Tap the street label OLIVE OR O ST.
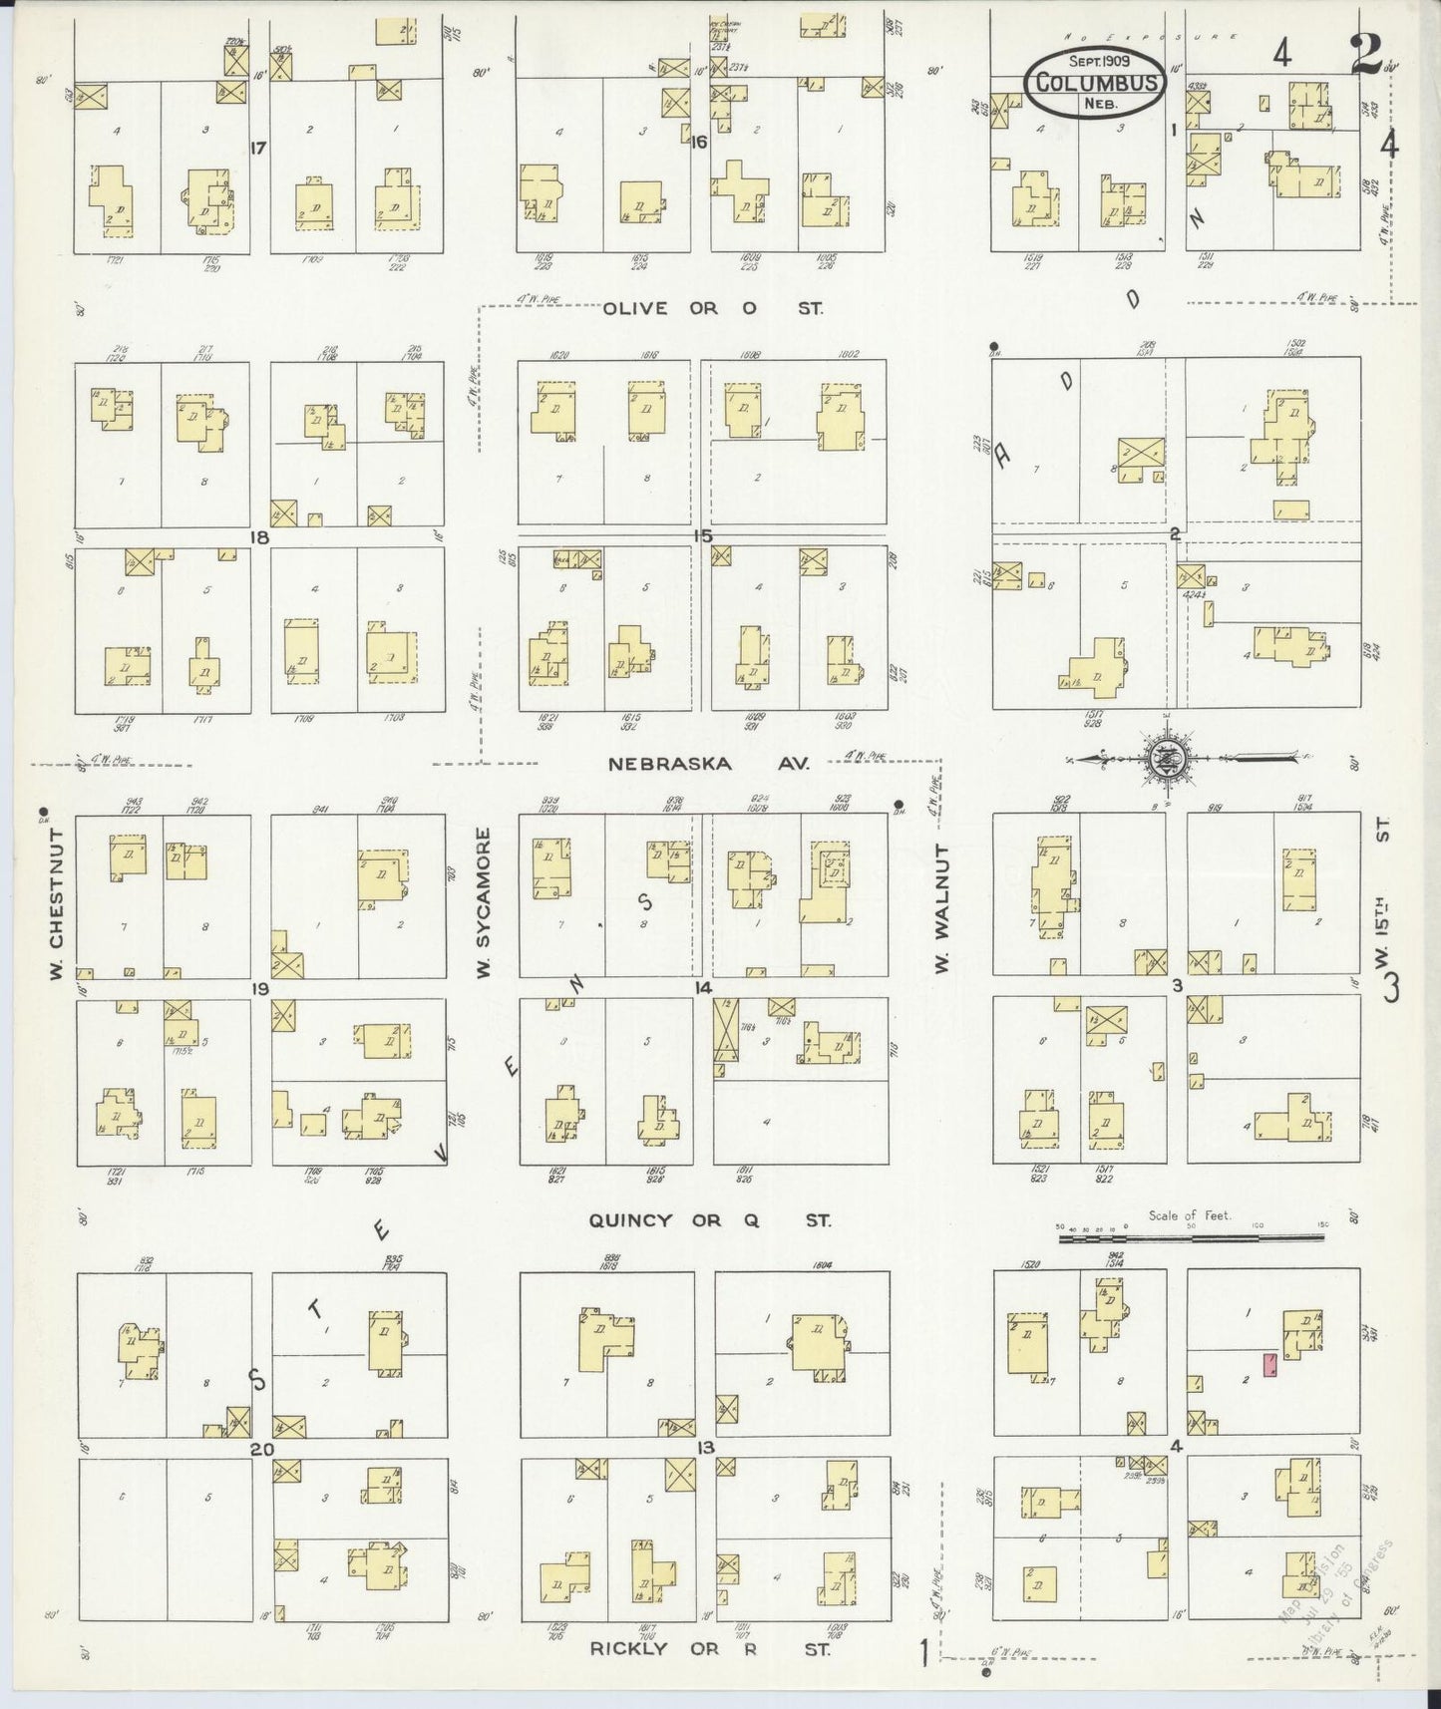[713, 308]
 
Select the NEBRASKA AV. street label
[709, 764]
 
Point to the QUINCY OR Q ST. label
[709, 1219]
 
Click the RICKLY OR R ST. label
[709, 1648]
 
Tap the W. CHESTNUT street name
[57, 902]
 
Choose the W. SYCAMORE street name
[484, 902]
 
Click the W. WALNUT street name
[941, 907]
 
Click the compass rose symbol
[1174, 758]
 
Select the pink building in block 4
[1269, 1365]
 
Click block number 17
[258, 149]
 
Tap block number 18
[260, 537]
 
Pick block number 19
[260, 989]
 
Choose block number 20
[260, 1449]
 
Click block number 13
[705, 1447]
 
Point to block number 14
[704, 988]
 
